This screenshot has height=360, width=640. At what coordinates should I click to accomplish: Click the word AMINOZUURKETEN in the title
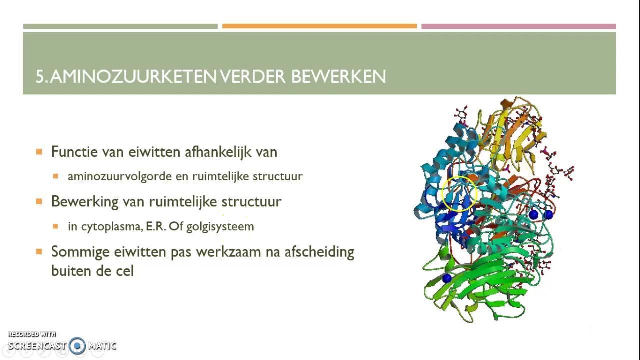click(x=133, y=76)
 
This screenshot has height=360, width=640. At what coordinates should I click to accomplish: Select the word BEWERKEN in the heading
click(x=338, y=76)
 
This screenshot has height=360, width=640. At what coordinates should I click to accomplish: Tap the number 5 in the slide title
click(x=39, y=76)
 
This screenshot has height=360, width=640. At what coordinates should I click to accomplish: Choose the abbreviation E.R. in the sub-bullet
click(x=156, y=226)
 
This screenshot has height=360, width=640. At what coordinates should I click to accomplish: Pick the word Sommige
click(x=75, y=252)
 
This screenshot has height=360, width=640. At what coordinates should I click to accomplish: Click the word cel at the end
click(x=125, y=271)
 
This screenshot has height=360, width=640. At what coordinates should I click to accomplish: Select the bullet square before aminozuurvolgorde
click(x=56, y=176)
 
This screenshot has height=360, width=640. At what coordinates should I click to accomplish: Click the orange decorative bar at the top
click(x=319, y=26)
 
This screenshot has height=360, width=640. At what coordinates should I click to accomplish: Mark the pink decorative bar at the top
click(x=518, y=26)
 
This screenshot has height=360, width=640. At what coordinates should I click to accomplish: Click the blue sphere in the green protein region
click(x=447, y=278)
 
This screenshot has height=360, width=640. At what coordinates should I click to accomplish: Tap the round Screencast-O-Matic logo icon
click(x=77, y=346)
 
